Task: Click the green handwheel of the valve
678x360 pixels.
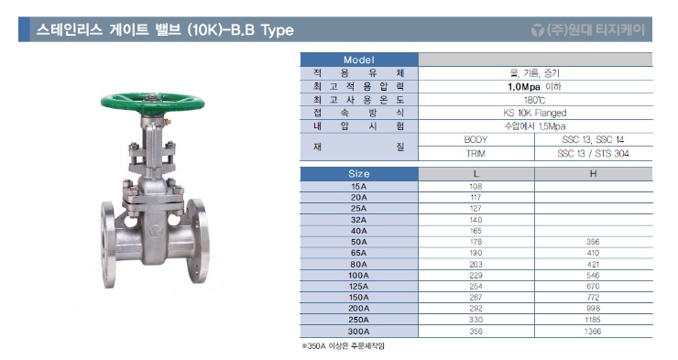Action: tap(152, 102)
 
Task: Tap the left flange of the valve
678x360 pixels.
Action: tap(108, 245)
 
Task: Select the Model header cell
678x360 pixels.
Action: tap(359, 60)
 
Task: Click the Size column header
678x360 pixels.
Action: tap(359, 174)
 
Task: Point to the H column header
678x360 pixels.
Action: tap(594, 174)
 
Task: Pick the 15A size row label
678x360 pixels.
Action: tap(359, 187)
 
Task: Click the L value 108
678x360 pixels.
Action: tap(476, 187)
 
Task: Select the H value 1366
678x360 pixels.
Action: tap(593, 332)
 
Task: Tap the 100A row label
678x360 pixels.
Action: tap(359, 276)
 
